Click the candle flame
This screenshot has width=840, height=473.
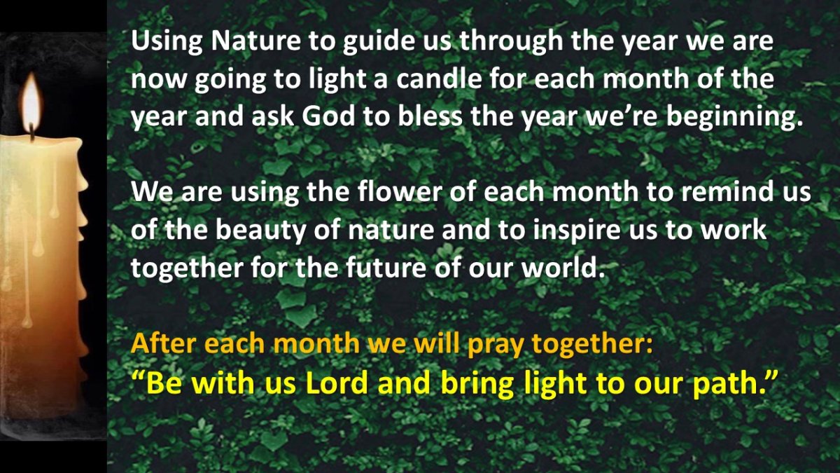click(31, 102)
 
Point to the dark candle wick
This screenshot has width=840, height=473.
click(32, 132)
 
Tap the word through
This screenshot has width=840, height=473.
click(511, 41)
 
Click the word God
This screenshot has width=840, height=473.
click(328, 116)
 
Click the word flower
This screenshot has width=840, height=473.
click(400, 191)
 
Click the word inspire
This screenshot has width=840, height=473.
click(577, 231)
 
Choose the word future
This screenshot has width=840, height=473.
click(386, 267)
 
